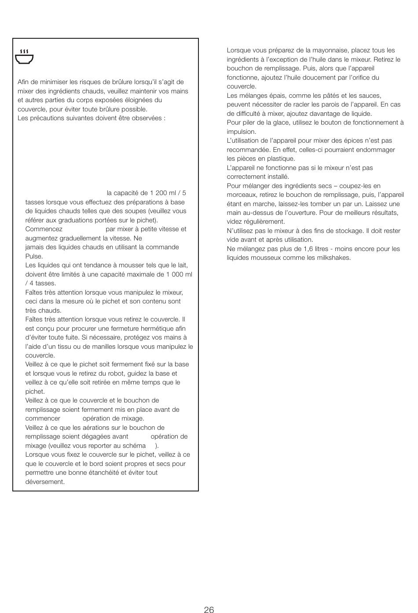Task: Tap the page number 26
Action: click(x=209, y=609)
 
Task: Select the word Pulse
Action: click(x=33, y=256)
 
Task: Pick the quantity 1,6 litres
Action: click(x=316, y=249)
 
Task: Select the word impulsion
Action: click(x=241, y=132)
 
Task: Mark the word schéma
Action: click(x=135, y=446)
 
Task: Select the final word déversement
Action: click(x=44, y=482)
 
